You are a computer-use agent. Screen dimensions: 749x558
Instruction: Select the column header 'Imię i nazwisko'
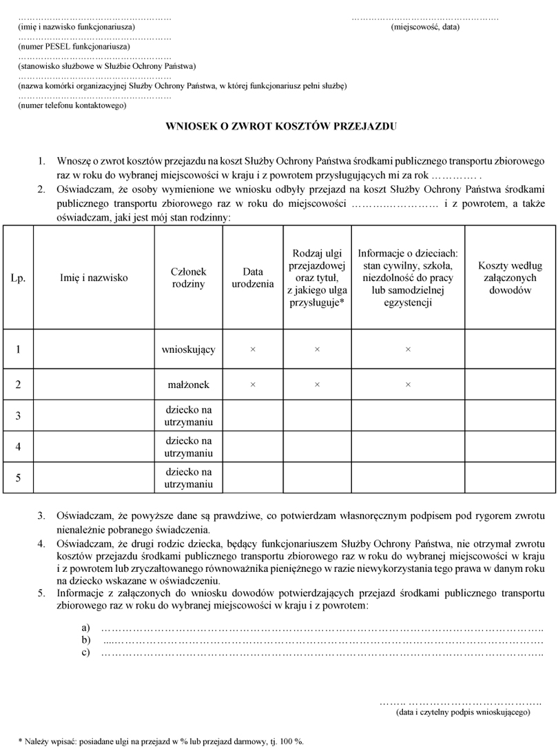(94, 278)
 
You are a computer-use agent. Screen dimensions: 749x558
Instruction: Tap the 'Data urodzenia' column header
(252, 278)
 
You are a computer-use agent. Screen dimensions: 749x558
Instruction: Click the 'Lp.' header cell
(18, 278)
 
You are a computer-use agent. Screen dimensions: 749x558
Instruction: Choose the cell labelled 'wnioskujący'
(188, 349)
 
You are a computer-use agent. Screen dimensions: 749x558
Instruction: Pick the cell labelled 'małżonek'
(188, 384)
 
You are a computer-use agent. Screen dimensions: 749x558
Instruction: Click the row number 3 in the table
(18, 415)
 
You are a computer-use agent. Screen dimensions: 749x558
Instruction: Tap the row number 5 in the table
(18, 478)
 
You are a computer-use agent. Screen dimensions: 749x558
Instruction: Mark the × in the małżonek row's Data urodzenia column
(252, 384)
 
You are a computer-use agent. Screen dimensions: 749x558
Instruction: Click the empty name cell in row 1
(94, 349)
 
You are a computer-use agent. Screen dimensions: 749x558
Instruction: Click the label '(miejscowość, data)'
(425, 28)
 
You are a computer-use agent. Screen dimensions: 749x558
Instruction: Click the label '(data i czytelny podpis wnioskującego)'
(462, 712)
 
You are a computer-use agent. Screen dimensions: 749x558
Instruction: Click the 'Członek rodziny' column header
(188, 278)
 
